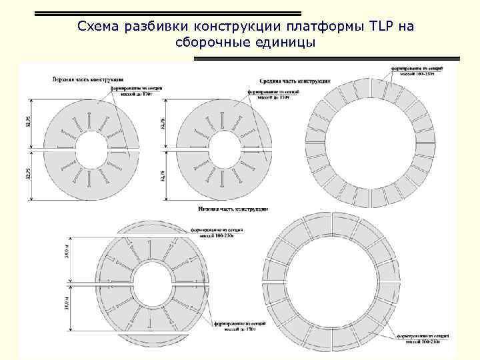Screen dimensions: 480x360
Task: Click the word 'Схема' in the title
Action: point(97,27)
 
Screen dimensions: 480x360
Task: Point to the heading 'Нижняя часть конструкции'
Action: point(233,209)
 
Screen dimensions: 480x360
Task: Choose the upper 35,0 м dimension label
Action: point(68,254)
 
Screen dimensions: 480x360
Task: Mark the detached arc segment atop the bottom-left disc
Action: point(154,224)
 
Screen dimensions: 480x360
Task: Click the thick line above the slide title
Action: point(167,13)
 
